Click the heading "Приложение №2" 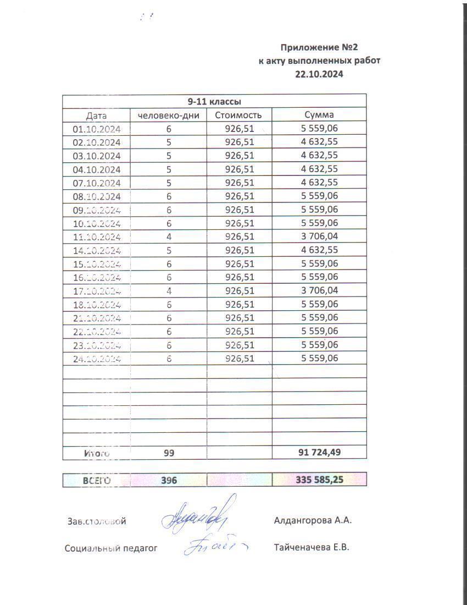tap(319, 47)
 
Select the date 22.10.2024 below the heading tap(319, 75)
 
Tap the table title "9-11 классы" tap(214, 102)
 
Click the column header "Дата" tap(96, 116)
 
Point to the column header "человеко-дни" tap(168, 116)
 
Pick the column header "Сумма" tap(319, 115)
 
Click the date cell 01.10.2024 tap(97, 129)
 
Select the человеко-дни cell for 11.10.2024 tap(169, 237)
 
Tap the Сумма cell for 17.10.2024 tap(319, 290)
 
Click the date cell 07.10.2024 tap(97, 183)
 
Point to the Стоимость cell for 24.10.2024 tap(240, 359)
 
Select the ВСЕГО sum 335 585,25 tap(319, 480)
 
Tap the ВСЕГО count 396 tap(169, 480)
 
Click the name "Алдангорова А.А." tap(313, 520)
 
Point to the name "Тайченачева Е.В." tap(311, 547)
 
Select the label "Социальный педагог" tap(111, 548)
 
